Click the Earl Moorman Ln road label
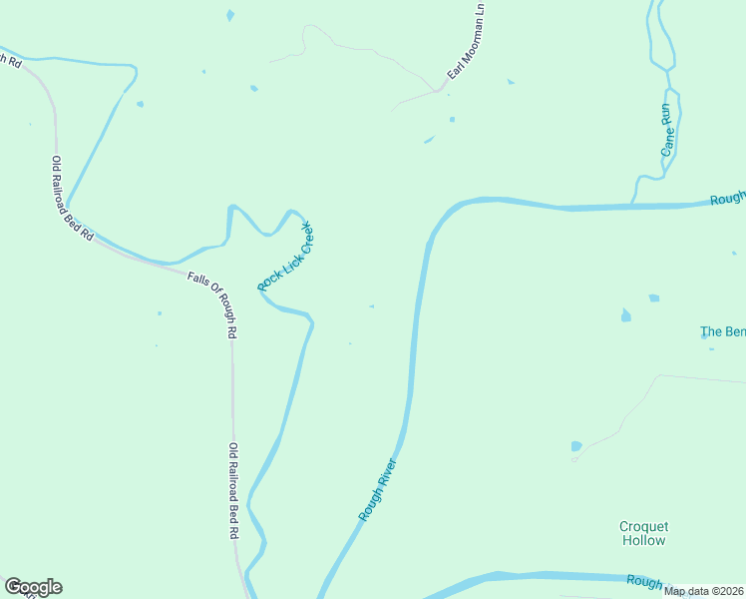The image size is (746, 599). pos(466,42)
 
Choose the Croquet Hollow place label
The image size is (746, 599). pos(643,533)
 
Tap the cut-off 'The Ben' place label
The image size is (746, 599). pos(722,331)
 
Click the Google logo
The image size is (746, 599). pos(33,587)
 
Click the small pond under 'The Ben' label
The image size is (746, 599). pos(704,336)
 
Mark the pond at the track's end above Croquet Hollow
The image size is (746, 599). pos(576,446)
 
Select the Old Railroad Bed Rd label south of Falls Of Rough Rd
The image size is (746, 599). pos(233,491)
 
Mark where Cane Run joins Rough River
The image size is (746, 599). pos(633,206)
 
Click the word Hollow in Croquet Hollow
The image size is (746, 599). pos(643,540)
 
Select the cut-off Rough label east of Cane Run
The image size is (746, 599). pos(727,199)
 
